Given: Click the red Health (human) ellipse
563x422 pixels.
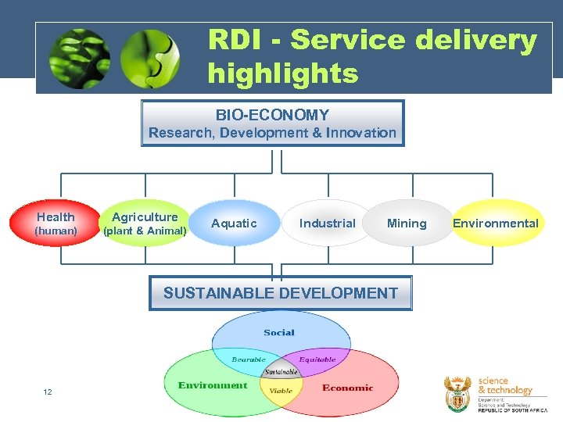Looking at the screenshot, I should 56,224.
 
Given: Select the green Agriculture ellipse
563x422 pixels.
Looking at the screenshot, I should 145,224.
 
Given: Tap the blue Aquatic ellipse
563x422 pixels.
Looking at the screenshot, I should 234,224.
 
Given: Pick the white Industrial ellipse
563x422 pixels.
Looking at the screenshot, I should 327,224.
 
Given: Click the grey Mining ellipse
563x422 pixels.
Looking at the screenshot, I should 407,224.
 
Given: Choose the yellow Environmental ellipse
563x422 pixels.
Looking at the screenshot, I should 496,224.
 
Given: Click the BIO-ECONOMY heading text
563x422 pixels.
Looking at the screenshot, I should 272,115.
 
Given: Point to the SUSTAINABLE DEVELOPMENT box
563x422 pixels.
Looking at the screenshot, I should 280,293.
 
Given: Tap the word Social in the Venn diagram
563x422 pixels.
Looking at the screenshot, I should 279,332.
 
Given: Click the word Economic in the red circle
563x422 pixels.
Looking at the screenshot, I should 348,388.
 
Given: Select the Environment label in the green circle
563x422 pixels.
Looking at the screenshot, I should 213,385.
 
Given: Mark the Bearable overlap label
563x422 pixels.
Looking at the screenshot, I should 249,360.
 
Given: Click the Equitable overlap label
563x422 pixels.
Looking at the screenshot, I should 317,360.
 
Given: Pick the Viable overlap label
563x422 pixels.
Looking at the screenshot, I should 281,391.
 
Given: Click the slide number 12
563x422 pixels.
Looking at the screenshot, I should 48,392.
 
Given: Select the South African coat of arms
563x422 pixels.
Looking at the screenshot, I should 457,393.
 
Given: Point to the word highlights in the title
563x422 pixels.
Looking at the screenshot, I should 283,74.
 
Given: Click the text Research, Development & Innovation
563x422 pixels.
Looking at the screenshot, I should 272,133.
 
